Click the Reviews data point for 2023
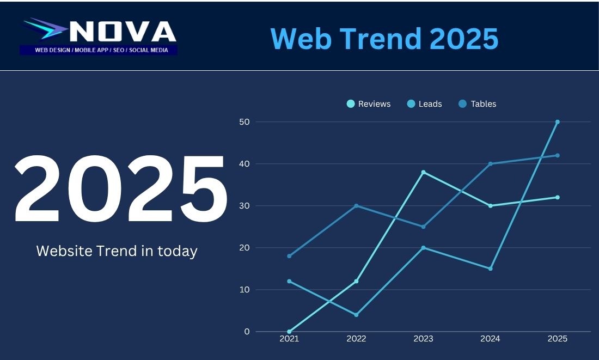423,172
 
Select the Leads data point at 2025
557,122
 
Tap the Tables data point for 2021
289,256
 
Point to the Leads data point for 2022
356,315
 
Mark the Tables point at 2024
490,164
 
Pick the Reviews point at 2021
289,331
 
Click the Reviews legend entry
369,104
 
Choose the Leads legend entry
425,104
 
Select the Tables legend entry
478,104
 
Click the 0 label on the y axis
247,331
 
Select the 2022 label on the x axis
356,339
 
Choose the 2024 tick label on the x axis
490,339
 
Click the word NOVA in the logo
123,32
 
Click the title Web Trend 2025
384,39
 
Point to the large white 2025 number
120,189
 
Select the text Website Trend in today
117,251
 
